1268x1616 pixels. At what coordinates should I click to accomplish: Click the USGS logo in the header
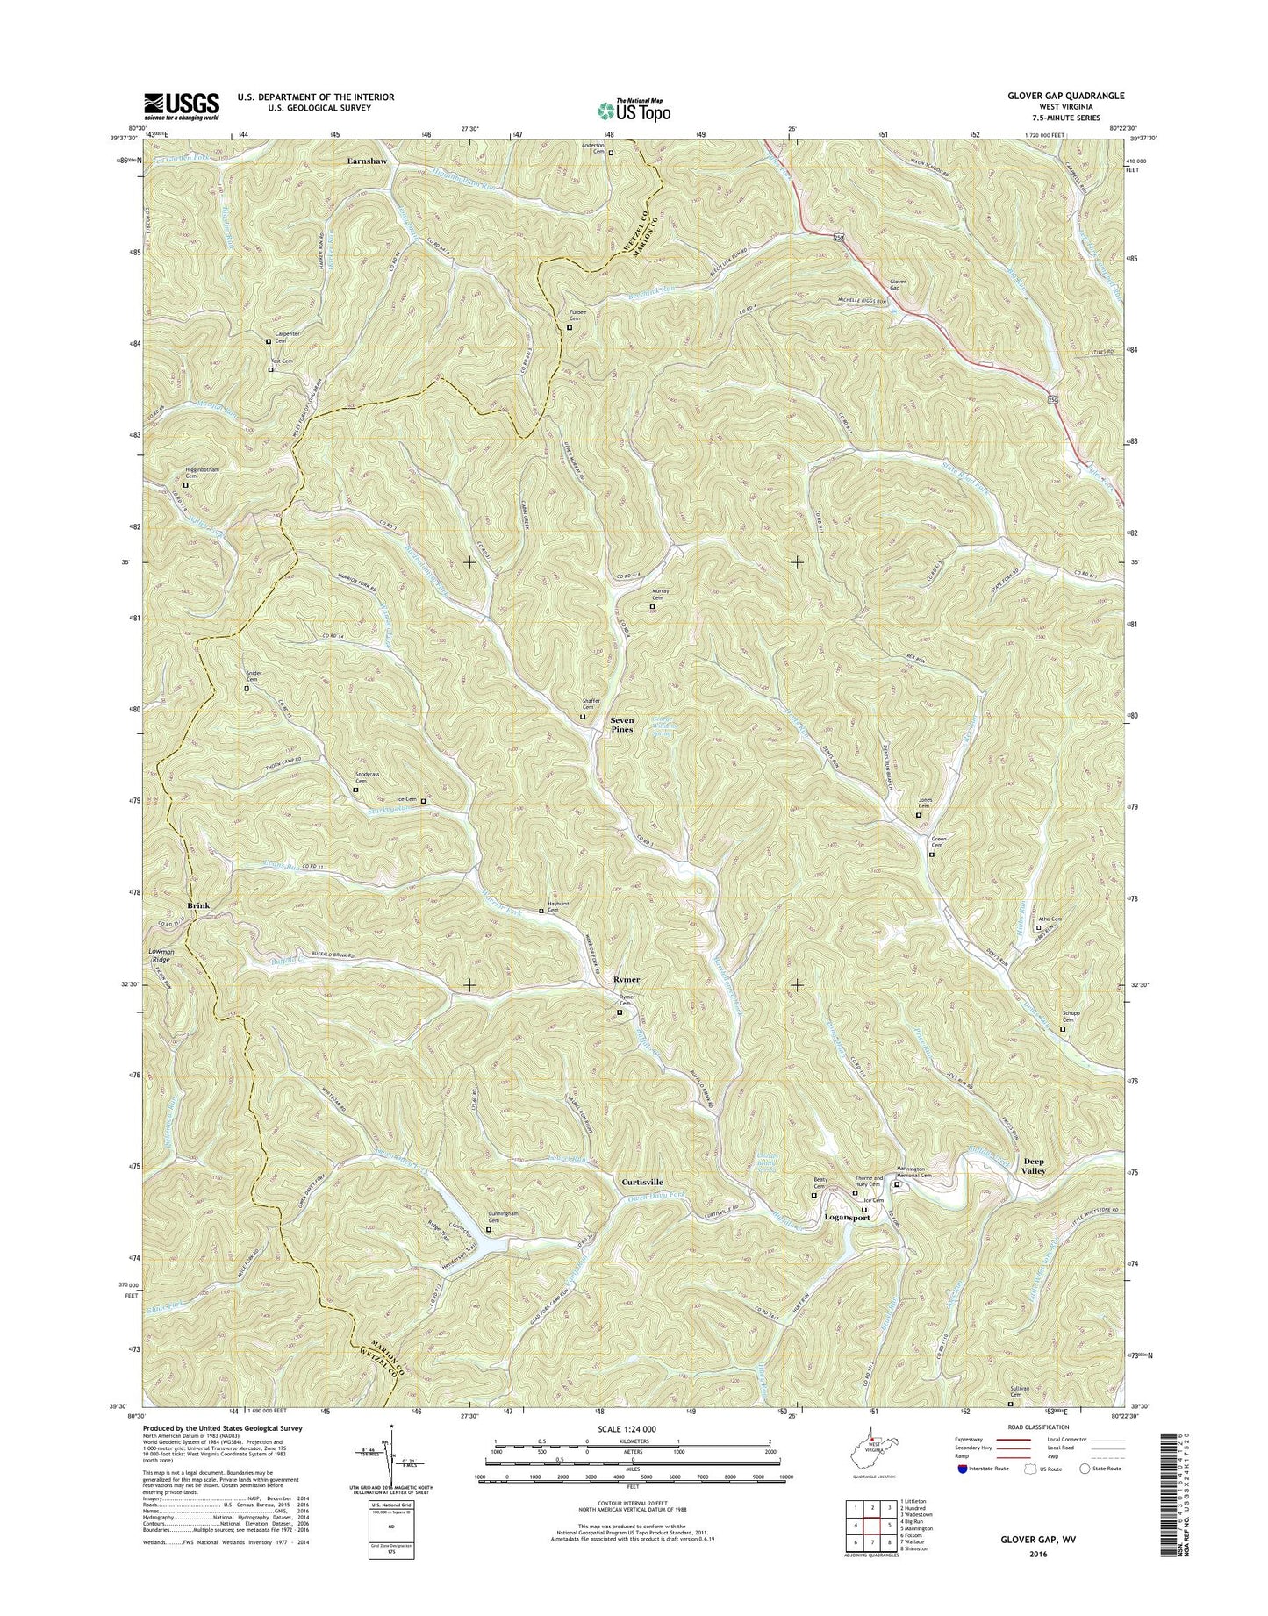click(x=182, y=105)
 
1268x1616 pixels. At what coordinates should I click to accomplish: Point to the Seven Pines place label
click(x=622, y=725)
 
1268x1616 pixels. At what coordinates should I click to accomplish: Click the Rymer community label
click(x=627, y=979)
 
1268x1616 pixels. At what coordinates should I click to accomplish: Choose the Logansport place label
click(x=847, y=1218)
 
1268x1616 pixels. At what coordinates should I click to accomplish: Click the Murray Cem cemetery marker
click(x=652, y=606)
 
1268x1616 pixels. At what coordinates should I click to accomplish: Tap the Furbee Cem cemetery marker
click(x=570, y=328)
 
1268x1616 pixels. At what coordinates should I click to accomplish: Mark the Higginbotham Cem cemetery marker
click(x=185, y=484)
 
